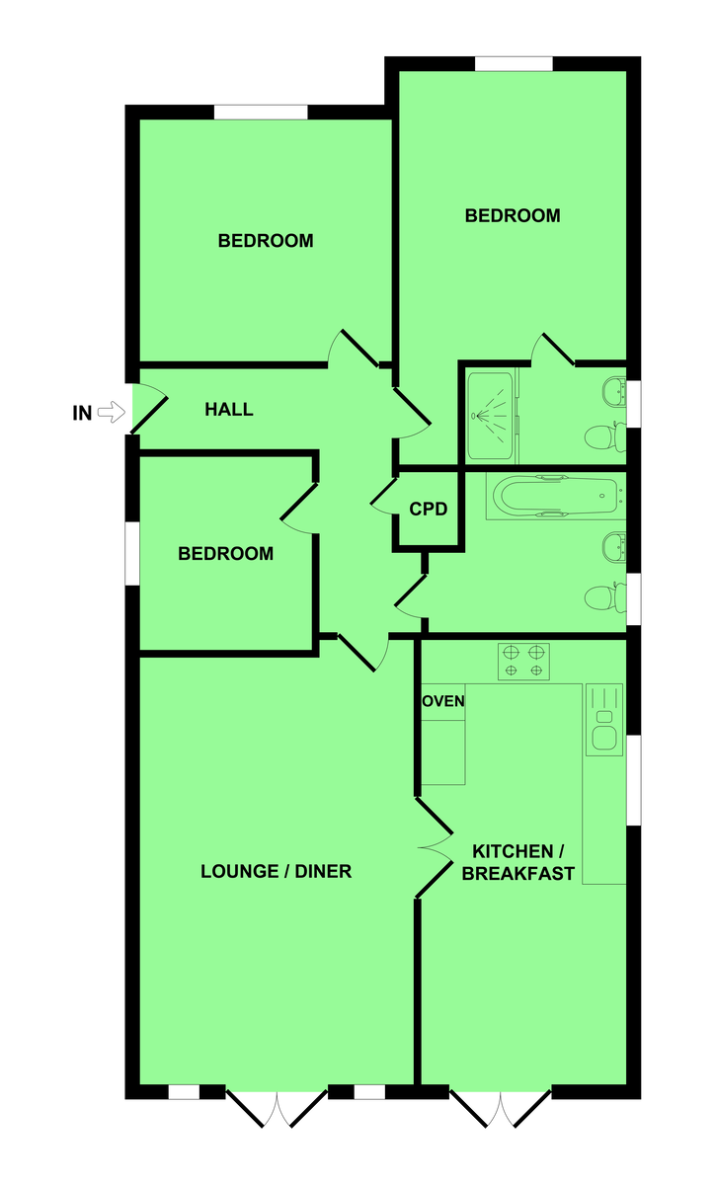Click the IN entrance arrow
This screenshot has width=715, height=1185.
[112, 412]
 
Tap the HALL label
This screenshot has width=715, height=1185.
[229, 409]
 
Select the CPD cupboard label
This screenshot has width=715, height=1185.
[429, 509]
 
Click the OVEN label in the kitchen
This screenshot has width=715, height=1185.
[443, 701]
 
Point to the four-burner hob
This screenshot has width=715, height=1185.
[523, 662]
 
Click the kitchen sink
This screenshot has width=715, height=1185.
[604, 720]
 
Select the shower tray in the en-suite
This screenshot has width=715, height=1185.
[490, 416]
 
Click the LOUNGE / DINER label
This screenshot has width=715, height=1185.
[277, 871]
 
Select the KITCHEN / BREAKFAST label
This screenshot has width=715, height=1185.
[518, 862]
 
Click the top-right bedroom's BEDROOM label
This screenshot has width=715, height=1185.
[513, 215]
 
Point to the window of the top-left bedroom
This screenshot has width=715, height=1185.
[261, 113]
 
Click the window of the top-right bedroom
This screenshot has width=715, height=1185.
[514, 63]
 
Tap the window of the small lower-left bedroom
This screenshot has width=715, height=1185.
[132, 553]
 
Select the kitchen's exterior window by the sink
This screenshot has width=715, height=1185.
[634, 780]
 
